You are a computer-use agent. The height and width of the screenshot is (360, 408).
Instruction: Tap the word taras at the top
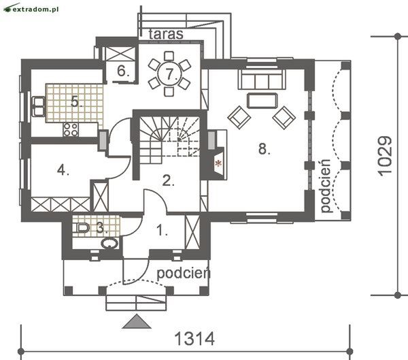(166, 34)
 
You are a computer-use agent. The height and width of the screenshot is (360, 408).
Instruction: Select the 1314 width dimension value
(194, 339)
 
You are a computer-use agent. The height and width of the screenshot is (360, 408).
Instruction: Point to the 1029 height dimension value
(385, 157)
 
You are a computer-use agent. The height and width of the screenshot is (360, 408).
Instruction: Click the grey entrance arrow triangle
(137, 321)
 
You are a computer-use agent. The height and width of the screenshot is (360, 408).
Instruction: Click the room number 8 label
(264, 149)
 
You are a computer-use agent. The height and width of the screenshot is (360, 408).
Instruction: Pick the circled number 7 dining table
(169, 73)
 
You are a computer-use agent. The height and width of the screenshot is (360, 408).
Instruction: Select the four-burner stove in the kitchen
(71, 129)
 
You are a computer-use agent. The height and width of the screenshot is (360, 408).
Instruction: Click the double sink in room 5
(39, 106)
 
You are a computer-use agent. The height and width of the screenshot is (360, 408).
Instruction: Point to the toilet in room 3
(82, 228)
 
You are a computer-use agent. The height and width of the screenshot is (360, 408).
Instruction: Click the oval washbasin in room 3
(109, 244)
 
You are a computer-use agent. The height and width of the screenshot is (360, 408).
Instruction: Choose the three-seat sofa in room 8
(262, 80)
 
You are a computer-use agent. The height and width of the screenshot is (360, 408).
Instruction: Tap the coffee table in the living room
(262, 100)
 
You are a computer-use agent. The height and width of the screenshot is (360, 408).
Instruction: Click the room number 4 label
(63, 171)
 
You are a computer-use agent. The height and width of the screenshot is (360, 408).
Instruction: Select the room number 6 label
(123, 71)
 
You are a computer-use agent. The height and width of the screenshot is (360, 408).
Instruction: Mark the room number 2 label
(169, 180)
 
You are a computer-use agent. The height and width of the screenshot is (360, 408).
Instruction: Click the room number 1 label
(162, 231)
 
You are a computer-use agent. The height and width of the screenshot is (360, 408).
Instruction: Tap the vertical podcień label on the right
(326, 186)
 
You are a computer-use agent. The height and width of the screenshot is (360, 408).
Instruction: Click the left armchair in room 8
(239, 118)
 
